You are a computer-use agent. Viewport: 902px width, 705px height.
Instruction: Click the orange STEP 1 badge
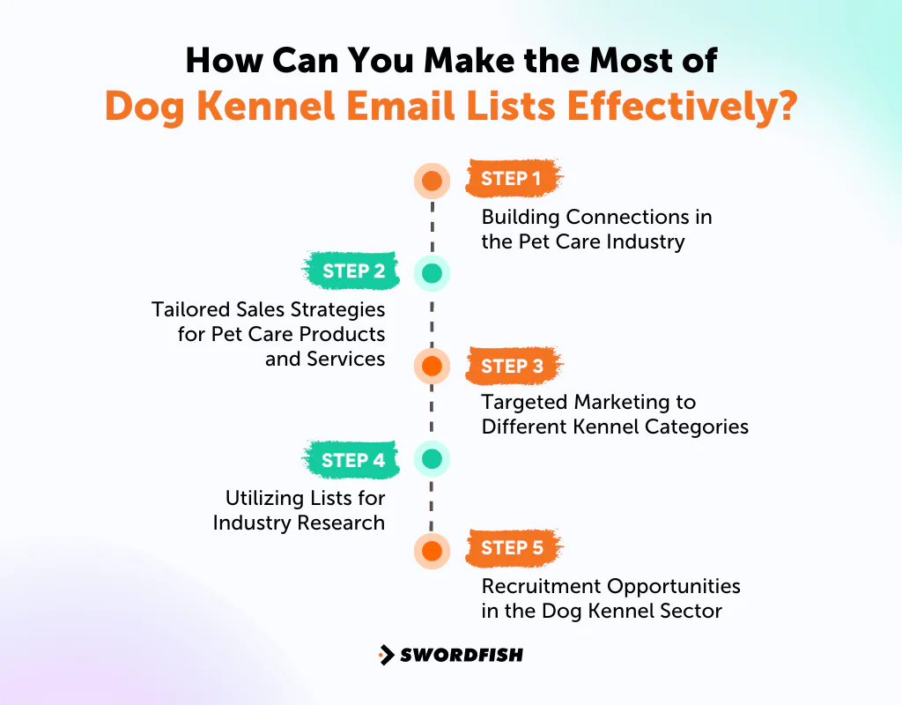[512, 179]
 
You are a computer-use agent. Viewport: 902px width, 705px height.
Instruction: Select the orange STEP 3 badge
[512, 366]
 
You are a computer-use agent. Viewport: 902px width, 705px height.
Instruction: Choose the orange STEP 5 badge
[512, 548]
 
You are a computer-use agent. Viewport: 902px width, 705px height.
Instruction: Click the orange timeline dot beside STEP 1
[432, 181]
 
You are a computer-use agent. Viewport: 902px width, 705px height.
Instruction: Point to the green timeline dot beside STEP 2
[432, 273]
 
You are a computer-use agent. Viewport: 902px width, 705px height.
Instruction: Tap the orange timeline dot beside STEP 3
[432, 365]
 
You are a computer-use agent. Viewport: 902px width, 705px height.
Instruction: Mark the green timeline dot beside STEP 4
[432, 458]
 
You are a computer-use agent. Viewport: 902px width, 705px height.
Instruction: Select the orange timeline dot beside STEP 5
[432, 551]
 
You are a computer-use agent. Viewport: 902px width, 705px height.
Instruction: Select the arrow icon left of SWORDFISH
[386, 655]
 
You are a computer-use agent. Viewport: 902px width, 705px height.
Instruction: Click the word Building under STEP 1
[520, 217]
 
